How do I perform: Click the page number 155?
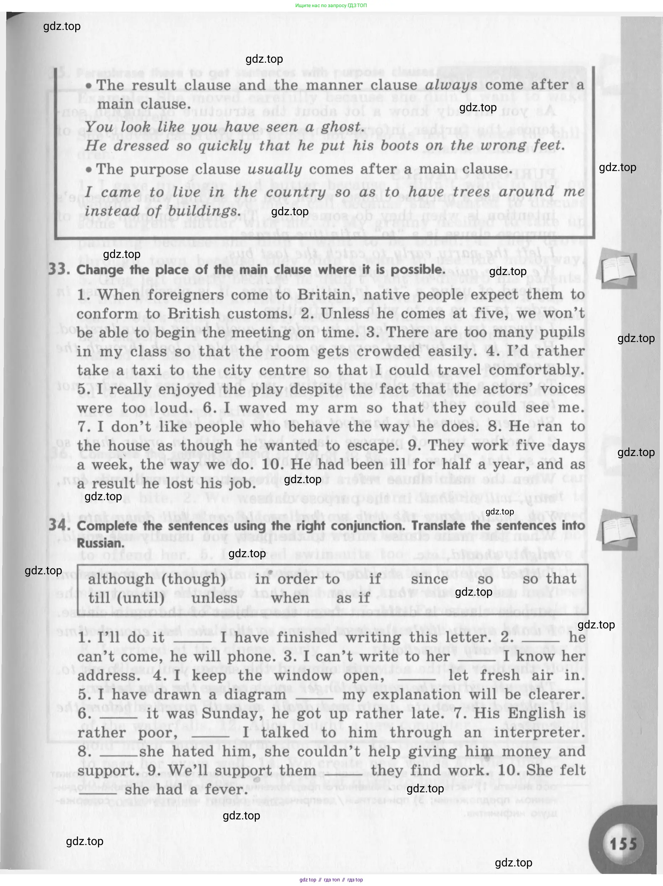pyautogui.click(x=623, y=844)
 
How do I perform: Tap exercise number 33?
pyautogui.click(x=58, y=269)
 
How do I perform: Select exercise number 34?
pyautogui.click(x=59, y=525)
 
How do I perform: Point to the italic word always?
pyautogui.click(x=451, y=85)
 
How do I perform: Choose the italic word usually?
pyautogui.click(x=275, y=170)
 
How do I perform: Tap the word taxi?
pyautogui.click(x=145, y=370)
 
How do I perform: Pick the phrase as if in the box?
pyautogui.click(x=353, y=599)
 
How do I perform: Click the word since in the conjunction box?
pyautogui.click(x=429, y=579)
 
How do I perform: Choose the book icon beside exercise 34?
pyautogui.click(x=617, y=529)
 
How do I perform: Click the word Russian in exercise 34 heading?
pyautogui.click(x=95, y=544)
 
